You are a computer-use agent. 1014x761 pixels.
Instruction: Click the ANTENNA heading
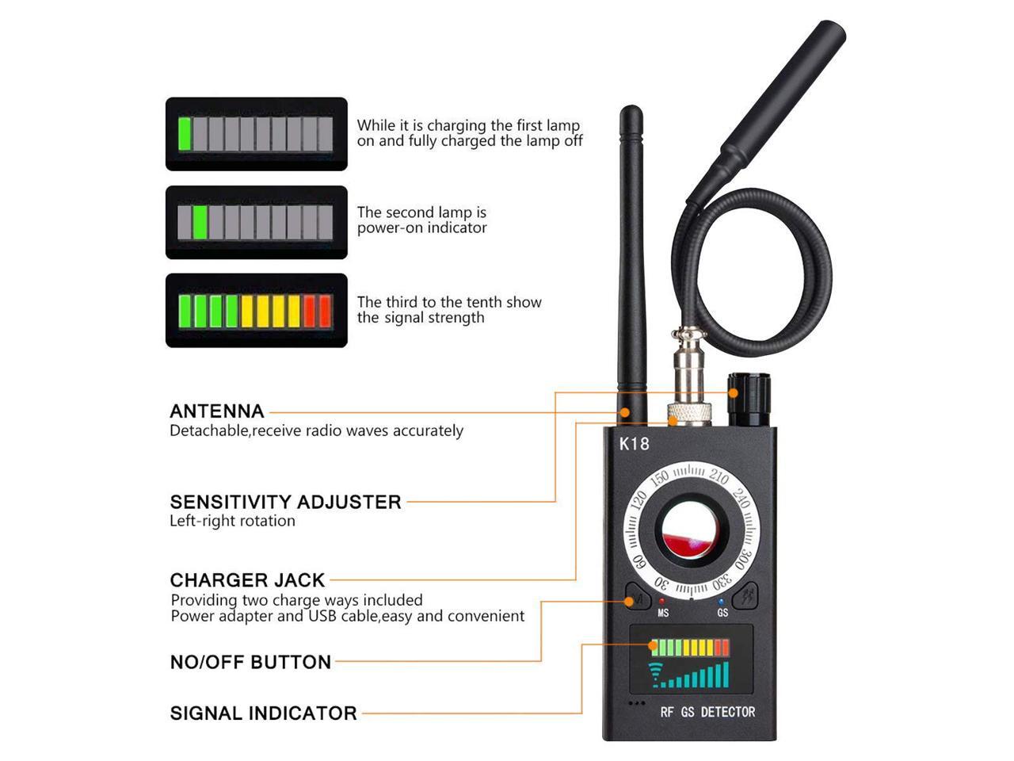(x=216, y=411)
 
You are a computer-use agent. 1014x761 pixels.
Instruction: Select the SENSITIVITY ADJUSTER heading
(x=285, y=502)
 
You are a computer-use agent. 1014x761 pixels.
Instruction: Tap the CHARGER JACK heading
(x=247, y=579)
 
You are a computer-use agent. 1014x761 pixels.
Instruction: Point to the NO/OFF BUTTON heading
(x=250, y=662)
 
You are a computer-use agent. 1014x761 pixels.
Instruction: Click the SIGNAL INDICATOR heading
(x=263, y=713)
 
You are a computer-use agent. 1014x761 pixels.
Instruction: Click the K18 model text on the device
(x=634, y=444)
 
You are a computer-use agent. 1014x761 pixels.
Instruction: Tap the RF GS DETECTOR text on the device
(x=707, y=712)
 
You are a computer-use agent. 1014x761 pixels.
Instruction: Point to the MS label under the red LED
(x=663, y=613)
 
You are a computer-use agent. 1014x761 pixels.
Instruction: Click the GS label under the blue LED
(x=722, y=613)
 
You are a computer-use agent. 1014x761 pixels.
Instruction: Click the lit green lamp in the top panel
(x=185, y=133)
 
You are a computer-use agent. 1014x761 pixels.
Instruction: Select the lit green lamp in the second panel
(x=200, y=222)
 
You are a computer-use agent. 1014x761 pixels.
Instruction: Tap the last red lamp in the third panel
(x=325, y=311)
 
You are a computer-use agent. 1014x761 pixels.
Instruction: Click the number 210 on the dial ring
(x=719, y=477)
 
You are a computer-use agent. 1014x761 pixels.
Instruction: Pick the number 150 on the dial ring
(x=659, y=477)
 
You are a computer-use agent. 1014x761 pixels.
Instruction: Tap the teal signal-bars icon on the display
(x=689, y=675)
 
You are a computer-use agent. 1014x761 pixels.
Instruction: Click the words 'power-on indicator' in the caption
(x=421, y=228)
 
